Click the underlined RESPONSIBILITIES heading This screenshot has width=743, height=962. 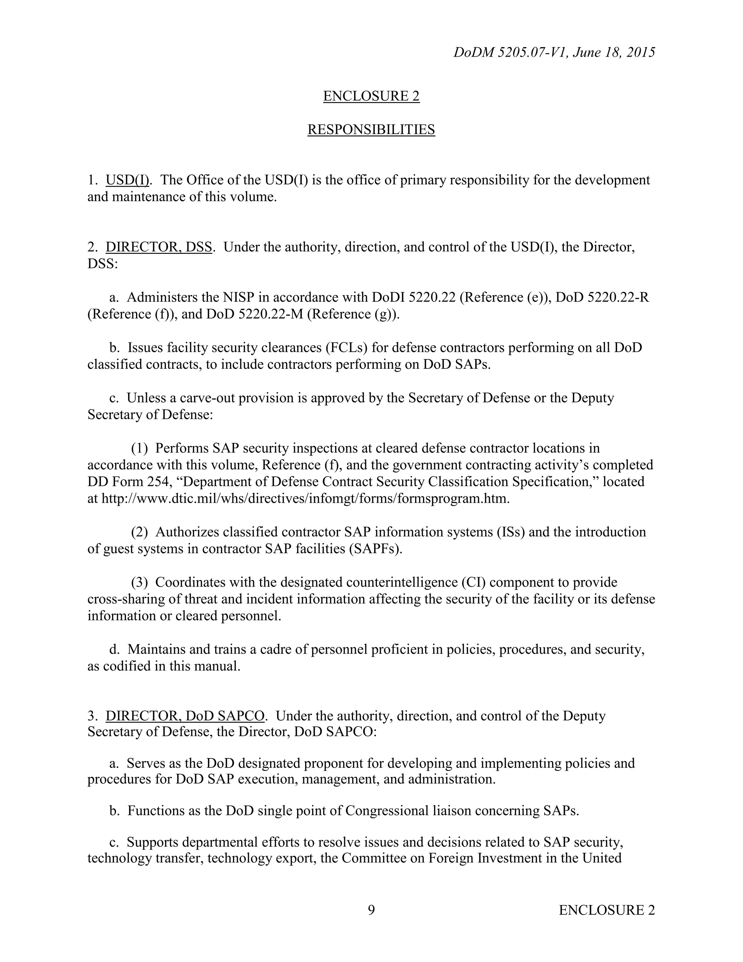pyautogui.click(x=371, y=130)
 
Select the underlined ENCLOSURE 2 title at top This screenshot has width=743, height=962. pyautogui.click(x=371, y=96)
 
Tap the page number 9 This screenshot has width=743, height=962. pyautogui.click(x=371, y=910)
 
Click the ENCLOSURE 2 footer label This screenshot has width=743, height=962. pyautogui.click(x=607, y=910)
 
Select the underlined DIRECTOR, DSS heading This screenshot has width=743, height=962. pyautogui.click(x=159, y=247)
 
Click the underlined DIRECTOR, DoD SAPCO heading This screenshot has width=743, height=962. pyautogui.click(x=185, y=716)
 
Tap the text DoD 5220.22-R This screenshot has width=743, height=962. pyautogui.click(x=602, y=297)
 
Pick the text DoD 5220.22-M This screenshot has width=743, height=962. pyautogui.click(x=254, y=314)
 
